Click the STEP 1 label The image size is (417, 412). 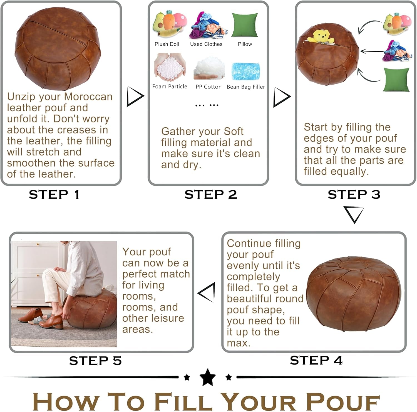coord(54,194)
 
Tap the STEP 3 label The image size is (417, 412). coord(354,194)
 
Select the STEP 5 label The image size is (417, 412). coord(95,361)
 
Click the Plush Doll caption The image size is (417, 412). coord(167,44)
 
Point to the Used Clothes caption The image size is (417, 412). coord(206,44)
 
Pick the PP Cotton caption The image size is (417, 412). coord(209,87)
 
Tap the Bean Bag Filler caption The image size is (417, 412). coord(246,87)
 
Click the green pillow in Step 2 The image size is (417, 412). coord(245,25)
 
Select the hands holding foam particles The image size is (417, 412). coord(170,67)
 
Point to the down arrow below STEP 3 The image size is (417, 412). coord(354,214)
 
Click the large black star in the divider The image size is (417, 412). coord(208,377)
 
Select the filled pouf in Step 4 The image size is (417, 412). coord(354,293)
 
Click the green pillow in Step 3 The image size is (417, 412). coord(396,80)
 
